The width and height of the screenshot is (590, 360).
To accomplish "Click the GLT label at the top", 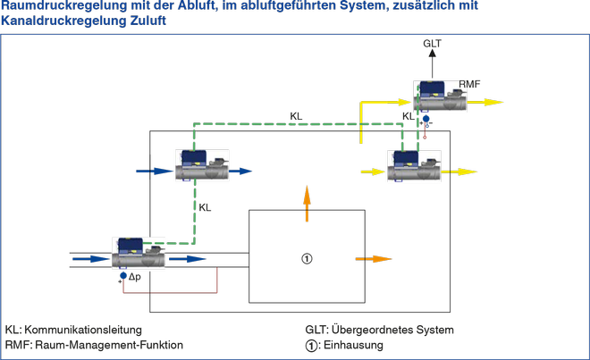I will point(433,43).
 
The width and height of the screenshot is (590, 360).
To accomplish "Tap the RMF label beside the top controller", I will point(469,84).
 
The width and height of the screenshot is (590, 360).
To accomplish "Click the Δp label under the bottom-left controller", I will point(135,277).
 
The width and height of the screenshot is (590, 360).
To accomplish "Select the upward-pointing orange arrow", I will point(307,203).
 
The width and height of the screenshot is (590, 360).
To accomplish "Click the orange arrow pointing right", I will point(374,259).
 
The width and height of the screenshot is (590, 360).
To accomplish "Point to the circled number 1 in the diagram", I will point(307,259).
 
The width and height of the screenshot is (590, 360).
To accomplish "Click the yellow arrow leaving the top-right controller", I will point(486,102).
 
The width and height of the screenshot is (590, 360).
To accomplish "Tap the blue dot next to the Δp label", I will point(123,277).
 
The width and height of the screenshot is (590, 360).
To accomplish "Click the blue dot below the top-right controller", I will point(426,119).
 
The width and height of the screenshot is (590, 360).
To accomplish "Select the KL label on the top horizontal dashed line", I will point(296,115).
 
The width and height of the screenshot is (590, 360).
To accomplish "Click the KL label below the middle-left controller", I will point(205,207).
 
